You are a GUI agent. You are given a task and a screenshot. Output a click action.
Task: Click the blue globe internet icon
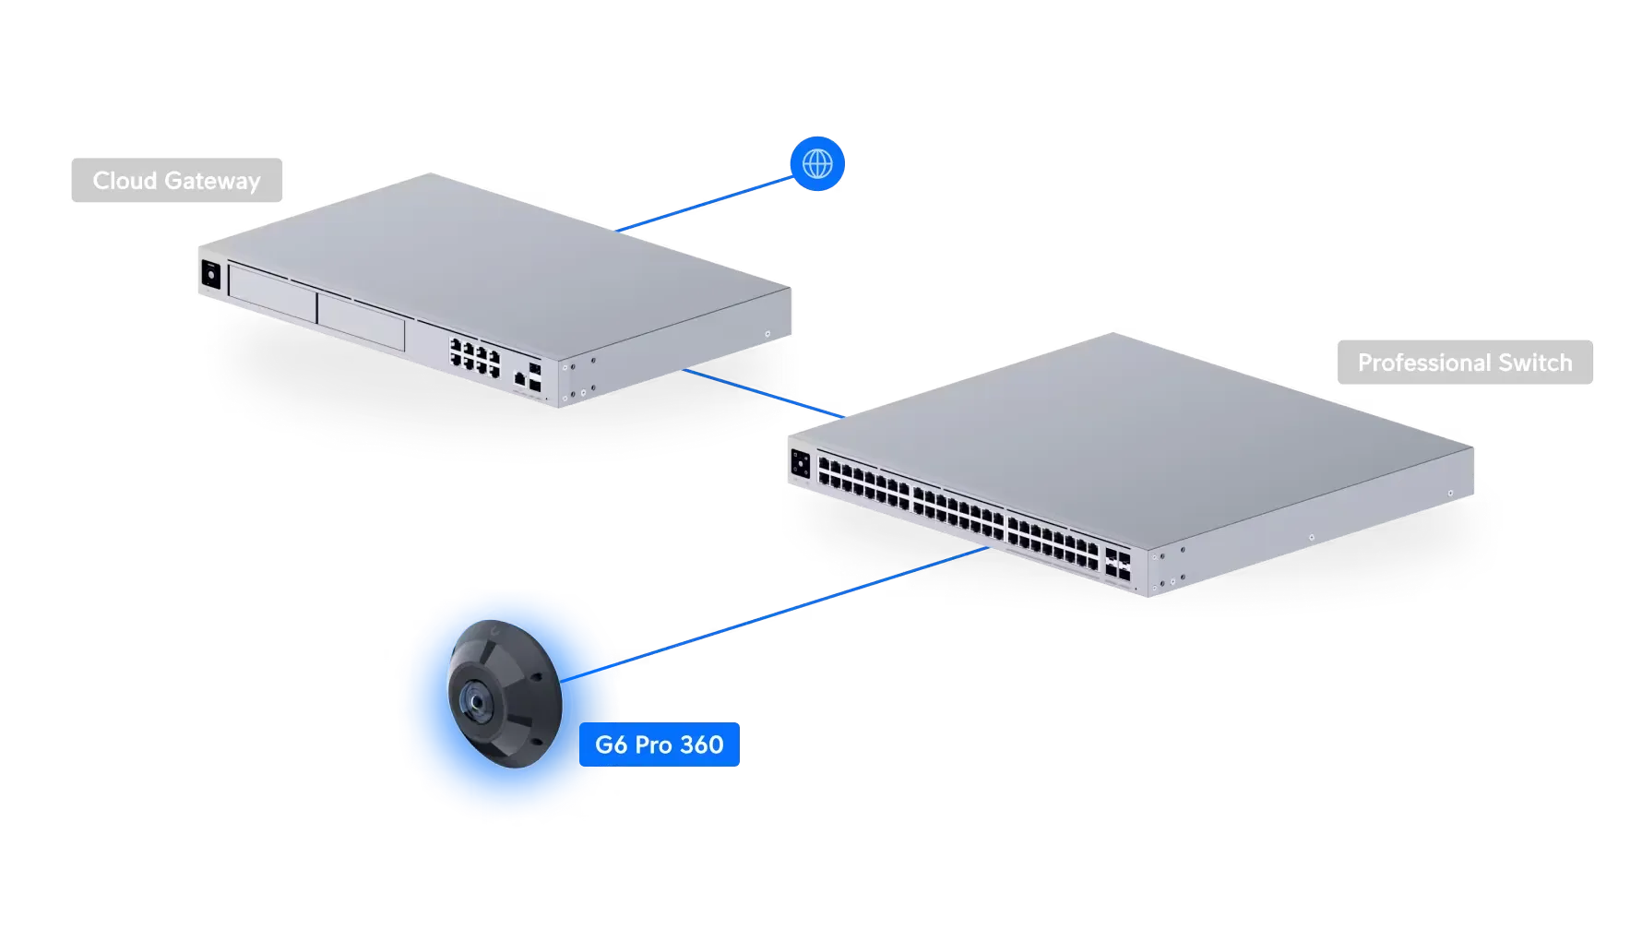817,164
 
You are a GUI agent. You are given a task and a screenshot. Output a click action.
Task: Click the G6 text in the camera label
612,744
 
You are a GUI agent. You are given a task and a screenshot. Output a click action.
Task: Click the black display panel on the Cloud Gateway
209,276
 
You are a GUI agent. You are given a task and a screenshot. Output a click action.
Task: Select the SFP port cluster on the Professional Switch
1118,564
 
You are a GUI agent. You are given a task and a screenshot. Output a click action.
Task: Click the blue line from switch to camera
803,604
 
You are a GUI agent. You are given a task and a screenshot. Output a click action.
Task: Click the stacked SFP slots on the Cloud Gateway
536,372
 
